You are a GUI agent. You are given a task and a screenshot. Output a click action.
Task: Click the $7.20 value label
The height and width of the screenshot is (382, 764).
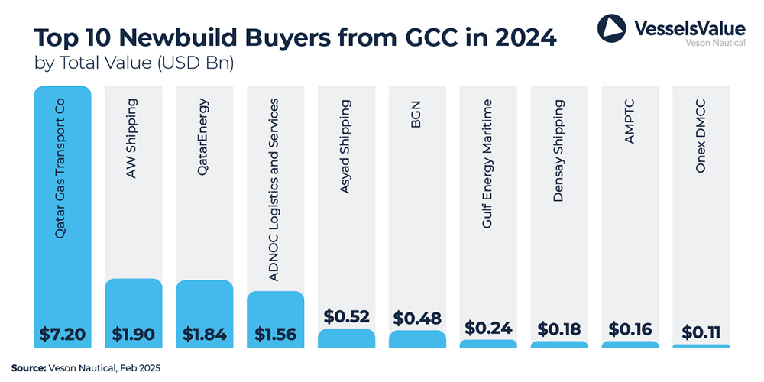click(62, 334)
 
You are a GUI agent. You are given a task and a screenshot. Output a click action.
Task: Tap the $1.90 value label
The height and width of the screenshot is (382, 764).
click(134, 334)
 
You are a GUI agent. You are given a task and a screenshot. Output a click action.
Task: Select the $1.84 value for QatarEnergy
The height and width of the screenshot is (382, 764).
click(204, 334)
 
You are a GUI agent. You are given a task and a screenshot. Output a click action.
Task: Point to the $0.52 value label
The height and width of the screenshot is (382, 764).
click(346, 316)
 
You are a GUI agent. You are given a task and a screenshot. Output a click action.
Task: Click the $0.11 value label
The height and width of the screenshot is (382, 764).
click(701, 332)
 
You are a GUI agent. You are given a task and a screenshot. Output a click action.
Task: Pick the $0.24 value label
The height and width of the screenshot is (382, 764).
click(487, 328)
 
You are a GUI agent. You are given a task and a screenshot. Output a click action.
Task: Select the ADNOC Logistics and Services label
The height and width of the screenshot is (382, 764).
click(275, 190)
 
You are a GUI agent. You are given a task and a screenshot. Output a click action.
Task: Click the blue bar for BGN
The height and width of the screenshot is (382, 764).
click(416, 339)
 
